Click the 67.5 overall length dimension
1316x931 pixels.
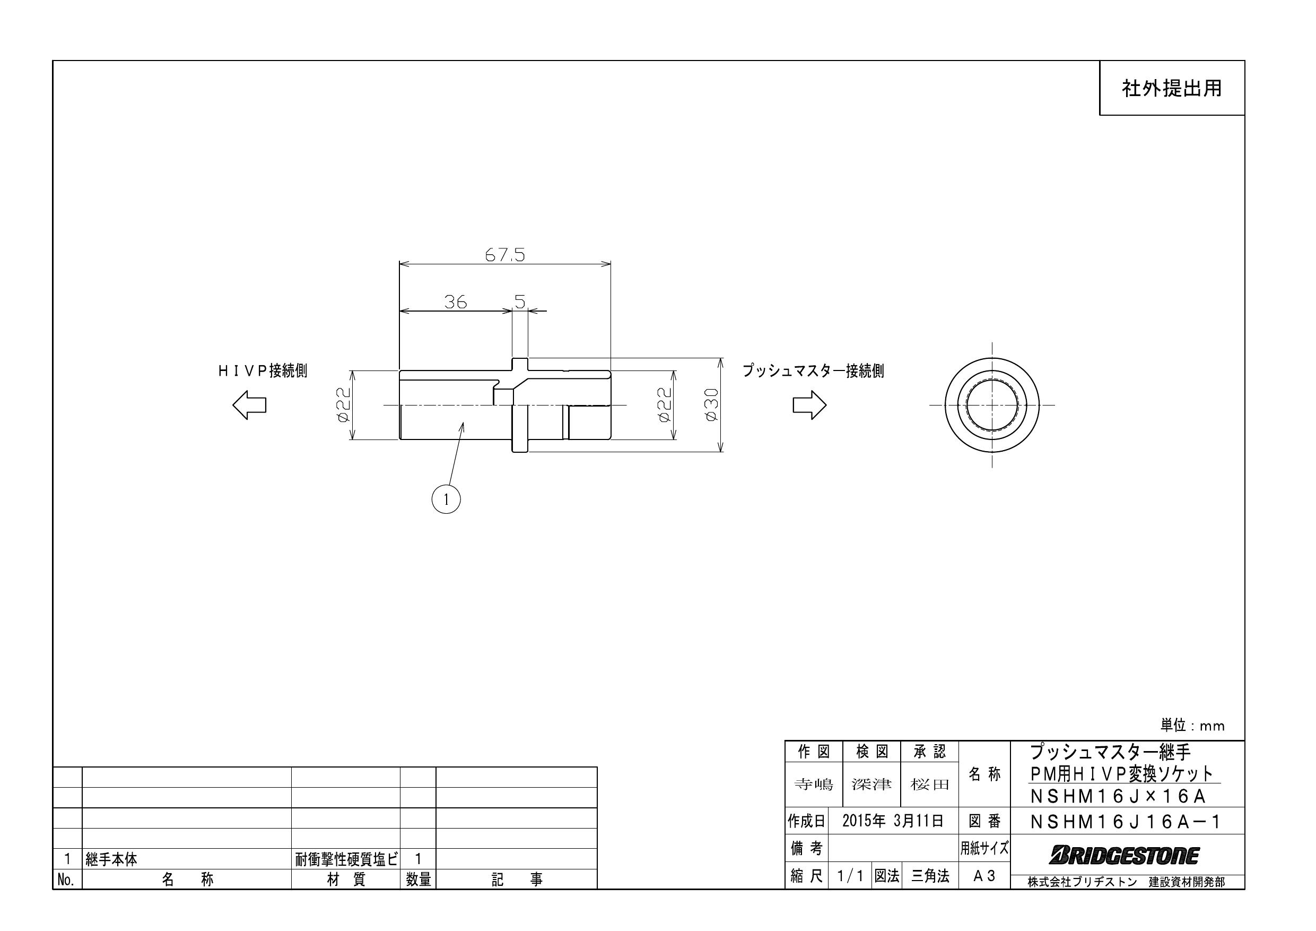tap(504, 255)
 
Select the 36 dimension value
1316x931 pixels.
tap(455, 301)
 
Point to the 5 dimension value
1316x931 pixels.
tap(520, 301)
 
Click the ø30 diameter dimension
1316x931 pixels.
tap(711, 404)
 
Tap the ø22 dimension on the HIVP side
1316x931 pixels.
tap(343, 404)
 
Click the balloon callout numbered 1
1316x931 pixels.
tap(446, 499)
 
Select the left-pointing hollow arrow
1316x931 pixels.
tap(249, 405)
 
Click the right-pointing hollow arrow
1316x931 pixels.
tap(809, 405)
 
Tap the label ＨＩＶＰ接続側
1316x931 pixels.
tap(263, 371)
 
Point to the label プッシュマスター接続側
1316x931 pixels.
tap(813, 371)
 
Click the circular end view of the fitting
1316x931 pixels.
tap(991, 405)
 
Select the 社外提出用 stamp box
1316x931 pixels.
tap(1171, 88)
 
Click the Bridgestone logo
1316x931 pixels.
tap(1123, 856)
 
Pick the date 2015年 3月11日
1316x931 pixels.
tap(892, 821)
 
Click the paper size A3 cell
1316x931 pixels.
tap(983, 876)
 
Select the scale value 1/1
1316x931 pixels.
tap(849, 876)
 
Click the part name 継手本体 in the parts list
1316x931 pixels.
tap(112, 859)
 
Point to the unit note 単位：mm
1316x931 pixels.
tap(1192, 726)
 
